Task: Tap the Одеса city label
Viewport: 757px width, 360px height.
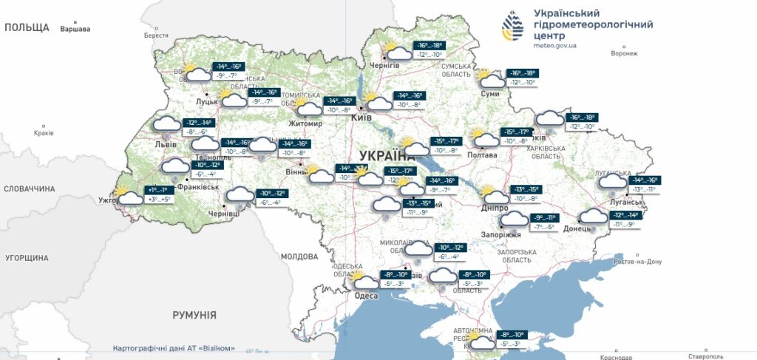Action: (366, 296)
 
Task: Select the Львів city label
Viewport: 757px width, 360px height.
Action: (165, 144)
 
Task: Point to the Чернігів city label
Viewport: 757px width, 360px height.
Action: (384, 65)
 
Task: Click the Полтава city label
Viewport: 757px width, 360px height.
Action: (483, 155)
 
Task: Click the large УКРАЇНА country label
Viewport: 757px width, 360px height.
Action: (387, 155)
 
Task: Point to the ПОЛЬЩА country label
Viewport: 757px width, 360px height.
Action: (27, 27)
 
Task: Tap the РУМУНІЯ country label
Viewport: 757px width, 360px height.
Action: (194, 315)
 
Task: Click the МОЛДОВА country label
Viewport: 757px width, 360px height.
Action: (299, 257)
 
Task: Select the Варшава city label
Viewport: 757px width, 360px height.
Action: (75, 30)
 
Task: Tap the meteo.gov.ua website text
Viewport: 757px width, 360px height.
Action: (554, 46)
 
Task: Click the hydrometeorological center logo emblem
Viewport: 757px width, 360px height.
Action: (512, 27)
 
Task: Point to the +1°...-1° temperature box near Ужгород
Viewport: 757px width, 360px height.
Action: (160, 190)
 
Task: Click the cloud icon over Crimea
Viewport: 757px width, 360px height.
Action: (483, 342)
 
